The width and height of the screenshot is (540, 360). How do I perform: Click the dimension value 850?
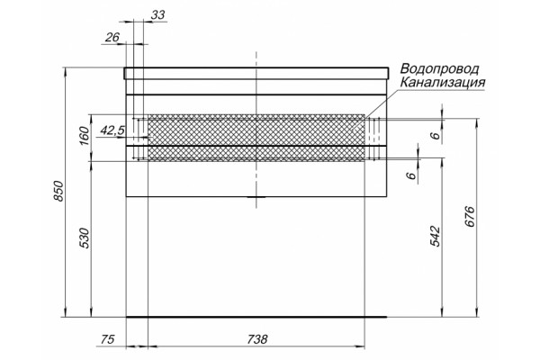point(58,191)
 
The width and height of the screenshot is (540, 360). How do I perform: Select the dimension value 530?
point(85,238)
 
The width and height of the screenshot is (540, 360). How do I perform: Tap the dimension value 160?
point(85,136)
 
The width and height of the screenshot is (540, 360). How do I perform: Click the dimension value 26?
point(112,37)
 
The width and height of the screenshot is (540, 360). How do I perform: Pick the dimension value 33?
point(157,14)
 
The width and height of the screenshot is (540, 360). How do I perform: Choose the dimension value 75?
point(107,339)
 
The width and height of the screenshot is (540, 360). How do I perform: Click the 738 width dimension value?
point(256,339)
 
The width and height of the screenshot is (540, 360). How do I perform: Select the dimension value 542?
point(436,237)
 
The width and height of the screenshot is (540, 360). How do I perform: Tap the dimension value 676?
point(470,216)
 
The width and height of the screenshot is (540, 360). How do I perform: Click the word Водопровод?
point(439,69)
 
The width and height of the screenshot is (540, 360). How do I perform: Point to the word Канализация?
point(443,82)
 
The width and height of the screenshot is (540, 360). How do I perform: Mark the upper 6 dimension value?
point(436,135)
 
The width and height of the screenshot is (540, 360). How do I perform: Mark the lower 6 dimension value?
point(411,175)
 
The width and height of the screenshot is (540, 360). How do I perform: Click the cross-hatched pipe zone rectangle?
point(256,138)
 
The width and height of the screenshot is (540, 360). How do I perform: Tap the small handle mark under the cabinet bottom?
point(256,197)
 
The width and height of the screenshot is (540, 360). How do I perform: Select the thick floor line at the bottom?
point(256,317)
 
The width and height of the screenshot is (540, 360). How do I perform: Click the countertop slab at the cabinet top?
point(256,73)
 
